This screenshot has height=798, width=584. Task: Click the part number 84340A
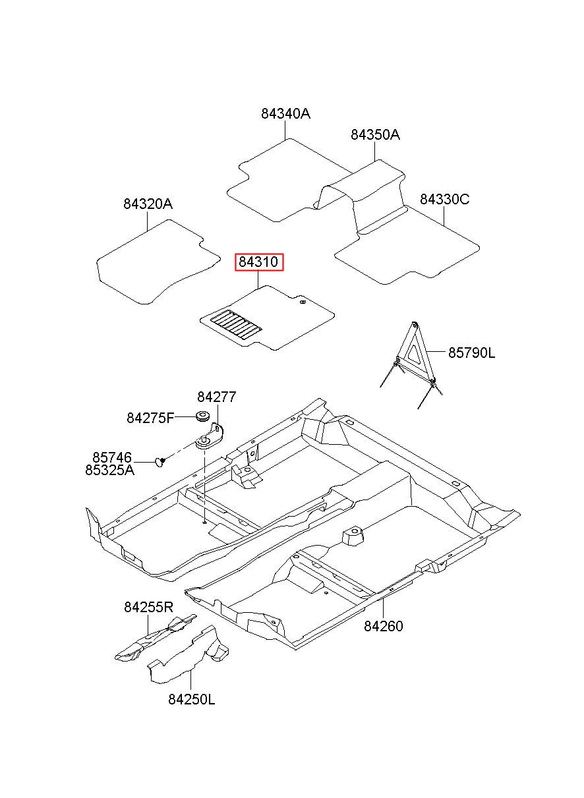click(285, 114)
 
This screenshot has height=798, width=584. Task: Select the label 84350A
click(375, 135)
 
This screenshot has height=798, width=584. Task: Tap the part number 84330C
click(444, 199)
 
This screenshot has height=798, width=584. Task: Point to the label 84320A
click(148, 204)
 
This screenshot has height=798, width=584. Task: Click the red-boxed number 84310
click(258, 262)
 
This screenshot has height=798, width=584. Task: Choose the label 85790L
click(471, 353)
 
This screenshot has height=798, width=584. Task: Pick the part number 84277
click(217, 397)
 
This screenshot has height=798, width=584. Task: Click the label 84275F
click(150, 418)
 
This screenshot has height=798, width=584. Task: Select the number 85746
click(112, 457)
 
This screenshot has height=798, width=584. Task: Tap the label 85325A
click(109, 470)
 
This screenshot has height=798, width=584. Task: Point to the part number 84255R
click(148, 607)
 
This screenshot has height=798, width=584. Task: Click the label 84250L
click(192, 700)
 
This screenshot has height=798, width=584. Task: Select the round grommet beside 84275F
click(203, 416)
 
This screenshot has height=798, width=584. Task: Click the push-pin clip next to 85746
click(160, 462)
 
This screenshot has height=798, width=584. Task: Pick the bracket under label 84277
click(210, 436)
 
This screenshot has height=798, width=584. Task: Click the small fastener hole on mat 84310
click(303, 302)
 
